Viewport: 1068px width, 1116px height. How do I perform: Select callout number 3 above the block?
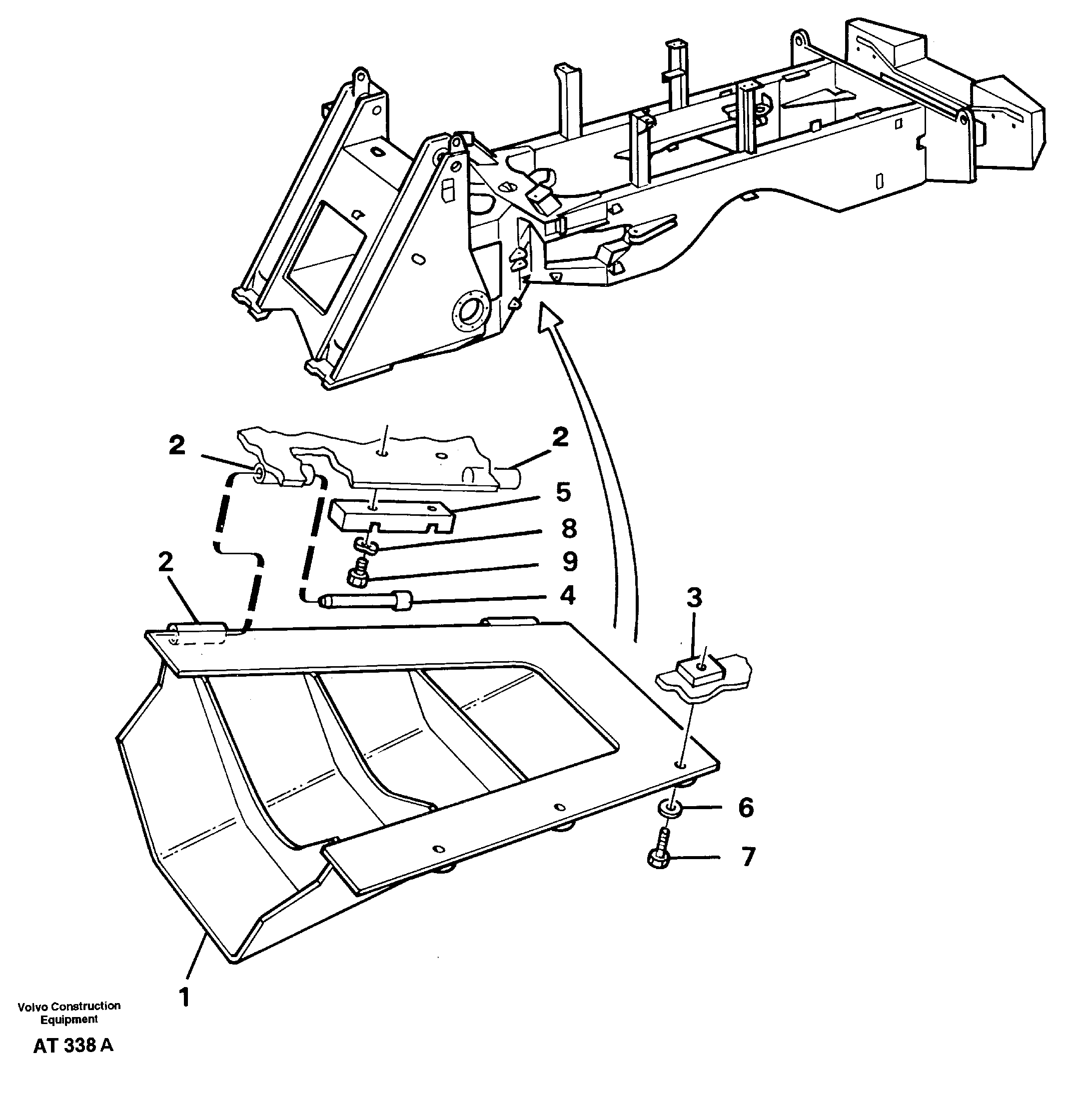(x=694, y=598)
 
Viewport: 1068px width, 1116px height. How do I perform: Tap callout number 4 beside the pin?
(x=568, y=596)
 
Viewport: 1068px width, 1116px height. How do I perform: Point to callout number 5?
(x=563, y=492)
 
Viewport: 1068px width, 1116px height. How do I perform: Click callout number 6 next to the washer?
(x=746, y=808)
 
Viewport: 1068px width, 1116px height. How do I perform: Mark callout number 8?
(x=569, y=528)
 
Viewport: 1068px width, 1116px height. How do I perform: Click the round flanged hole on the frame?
(x=471, y=313)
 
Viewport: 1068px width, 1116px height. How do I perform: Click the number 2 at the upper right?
(x=560, y=437)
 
